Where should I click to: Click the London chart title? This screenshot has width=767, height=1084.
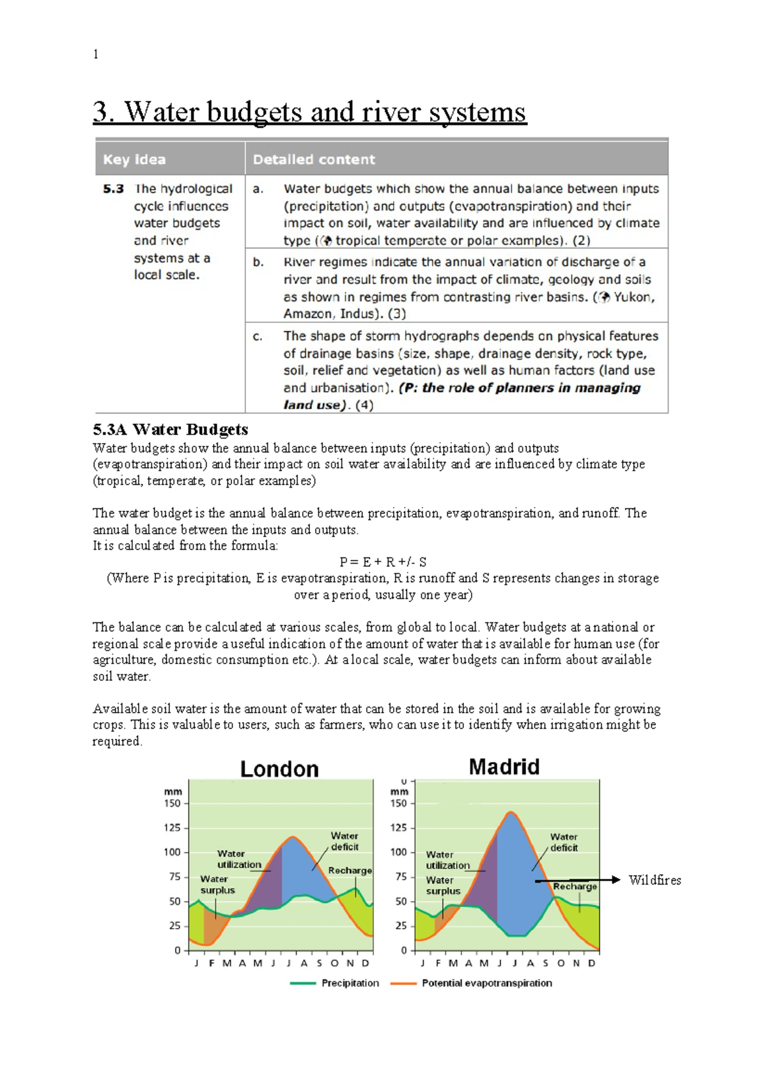pos(279,769)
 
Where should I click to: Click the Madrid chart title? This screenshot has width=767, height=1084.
pos(504,766)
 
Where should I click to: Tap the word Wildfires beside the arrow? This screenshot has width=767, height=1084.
pos(655,880)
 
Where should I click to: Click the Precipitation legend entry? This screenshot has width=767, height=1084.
pos(350,983)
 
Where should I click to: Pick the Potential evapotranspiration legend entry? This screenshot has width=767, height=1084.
pos(486,983)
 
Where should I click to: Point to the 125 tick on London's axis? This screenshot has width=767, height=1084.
pos(173,828)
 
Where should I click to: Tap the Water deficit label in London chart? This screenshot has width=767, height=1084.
pos(345,841)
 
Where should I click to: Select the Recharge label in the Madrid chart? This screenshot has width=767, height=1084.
pos(575,887)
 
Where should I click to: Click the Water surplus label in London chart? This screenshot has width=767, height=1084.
pos(217,885)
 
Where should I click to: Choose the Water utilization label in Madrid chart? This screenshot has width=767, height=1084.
pos(447,860)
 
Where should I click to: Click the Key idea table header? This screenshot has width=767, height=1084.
pos(134,160)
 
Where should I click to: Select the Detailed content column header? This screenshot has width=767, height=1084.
pos(314,160)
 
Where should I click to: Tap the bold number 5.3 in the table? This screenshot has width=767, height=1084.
pos(113,189)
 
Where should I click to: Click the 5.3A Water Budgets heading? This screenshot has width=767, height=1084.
pos(170,430)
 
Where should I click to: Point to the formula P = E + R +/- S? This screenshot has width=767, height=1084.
pos(383,562)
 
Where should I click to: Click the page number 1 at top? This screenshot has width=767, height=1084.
pos(96,54)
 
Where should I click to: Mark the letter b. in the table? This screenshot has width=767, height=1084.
pos(258,262)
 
